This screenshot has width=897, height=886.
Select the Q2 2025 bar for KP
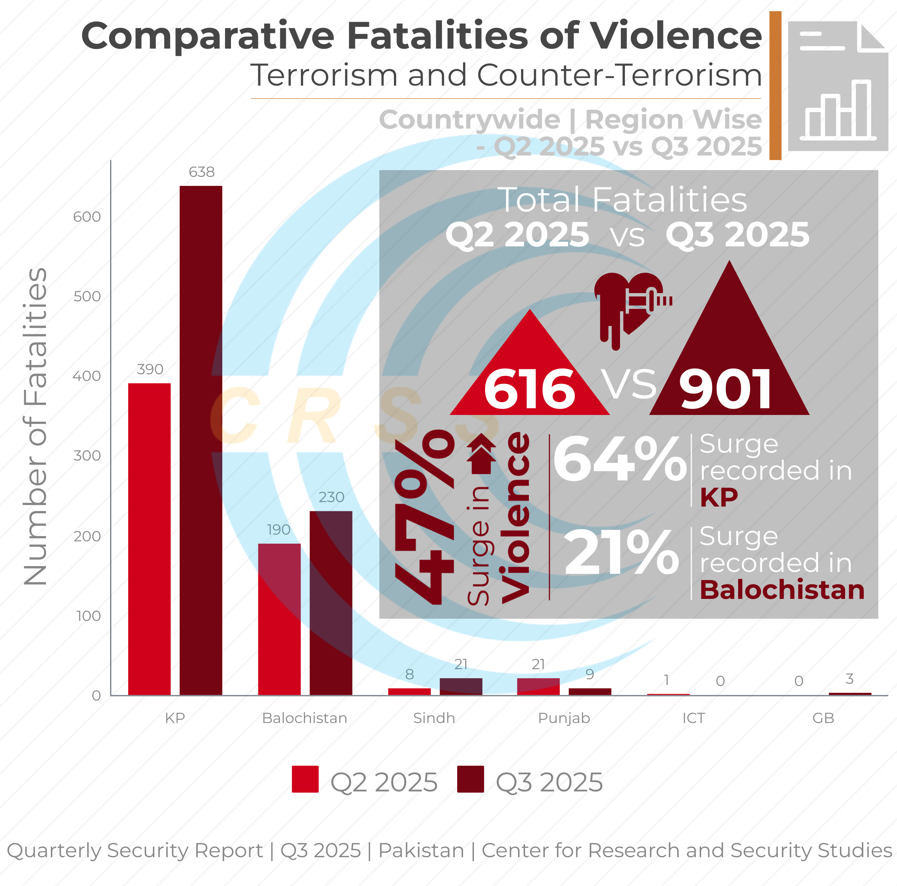click(149, 539)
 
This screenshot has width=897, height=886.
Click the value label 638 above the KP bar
click(201, 172)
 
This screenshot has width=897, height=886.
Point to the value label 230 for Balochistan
click(331, 497)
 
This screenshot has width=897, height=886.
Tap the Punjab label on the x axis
click(564, 718)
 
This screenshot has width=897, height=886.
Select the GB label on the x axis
click(823, 718)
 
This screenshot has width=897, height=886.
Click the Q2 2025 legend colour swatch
click(305, 779)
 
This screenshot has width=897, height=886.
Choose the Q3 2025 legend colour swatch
click(470, 779)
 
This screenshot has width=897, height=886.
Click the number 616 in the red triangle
click(529, 389)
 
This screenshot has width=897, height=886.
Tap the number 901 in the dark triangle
click(726, 389)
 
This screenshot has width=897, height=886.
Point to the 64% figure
click(620, 460)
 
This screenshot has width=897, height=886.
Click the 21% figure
click(621, 553)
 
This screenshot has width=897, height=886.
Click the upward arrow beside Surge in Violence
click(481, 454)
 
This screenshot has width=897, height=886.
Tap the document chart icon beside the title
click(838, 86)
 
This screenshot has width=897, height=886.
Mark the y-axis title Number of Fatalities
click(36, 426)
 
